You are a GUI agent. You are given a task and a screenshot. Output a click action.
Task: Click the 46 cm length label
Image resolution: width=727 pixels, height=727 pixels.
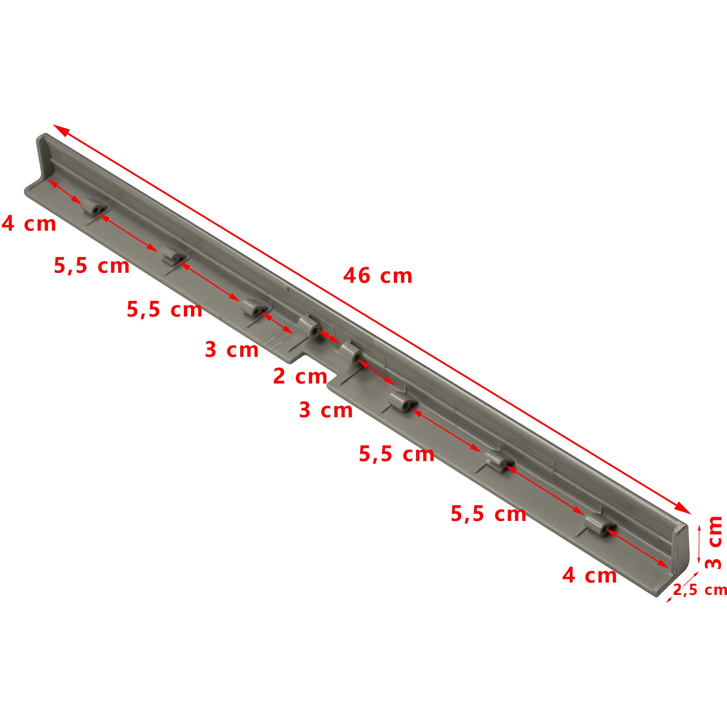tap(378, 276)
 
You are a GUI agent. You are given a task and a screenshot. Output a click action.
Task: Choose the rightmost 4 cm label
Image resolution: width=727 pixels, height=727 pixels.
tap(590, 576)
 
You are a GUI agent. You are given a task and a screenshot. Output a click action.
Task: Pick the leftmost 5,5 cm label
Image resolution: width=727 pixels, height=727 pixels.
tap(92, 265)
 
